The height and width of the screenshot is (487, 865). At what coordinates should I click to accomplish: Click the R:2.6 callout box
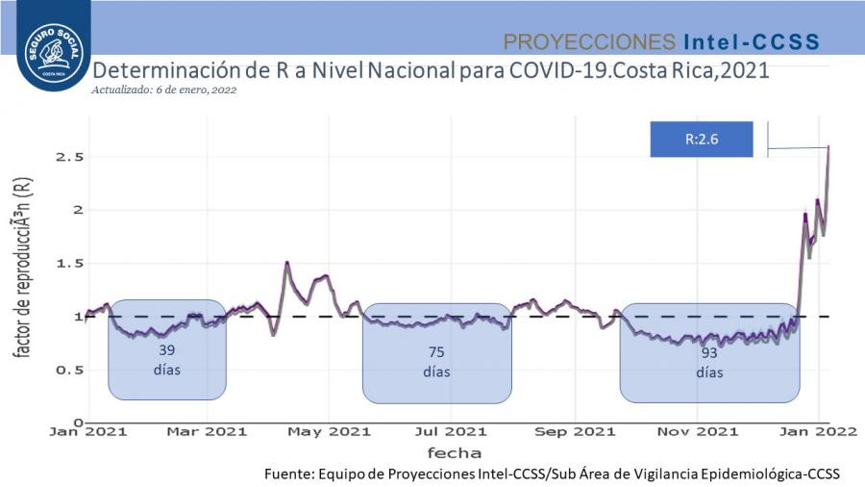click(x=702, y=139)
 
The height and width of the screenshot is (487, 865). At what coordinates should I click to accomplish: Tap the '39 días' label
click(x=166, y=359)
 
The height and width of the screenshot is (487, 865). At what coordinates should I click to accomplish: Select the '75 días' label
click(x=436, y=361)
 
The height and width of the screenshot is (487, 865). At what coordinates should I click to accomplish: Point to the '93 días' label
click(x=709, y=362)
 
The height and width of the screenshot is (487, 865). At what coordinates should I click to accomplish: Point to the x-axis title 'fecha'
click(x=456, y=451)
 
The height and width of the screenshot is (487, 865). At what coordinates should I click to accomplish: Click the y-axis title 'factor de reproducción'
click(x=21, y=269)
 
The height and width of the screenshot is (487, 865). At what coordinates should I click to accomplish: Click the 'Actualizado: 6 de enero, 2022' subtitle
click(x=163, y=90)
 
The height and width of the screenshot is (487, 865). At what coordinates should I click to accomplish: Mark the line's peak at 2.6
click(x=828, y=146)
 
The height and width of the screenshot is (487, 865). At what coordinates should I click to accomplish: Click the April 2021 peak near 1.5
click(x=286, y=262)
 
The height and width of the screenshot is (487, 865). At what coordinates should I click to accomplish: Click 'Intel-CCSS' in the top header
click(x=751, y=41)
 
